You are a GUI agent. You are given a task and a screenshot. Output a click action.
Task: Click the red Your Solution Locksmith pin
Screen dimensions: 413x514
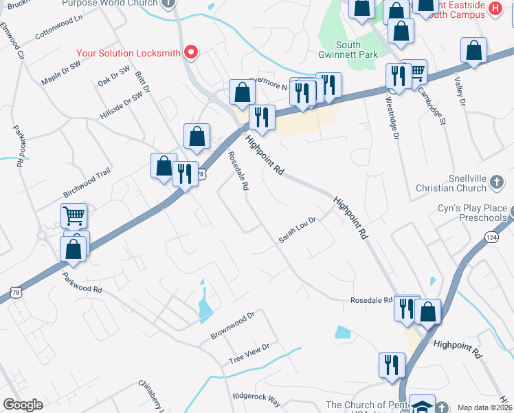pos(192,52)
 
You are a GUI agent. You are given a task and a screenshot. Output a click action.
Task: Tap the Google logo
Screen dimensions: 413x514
pos(23,405)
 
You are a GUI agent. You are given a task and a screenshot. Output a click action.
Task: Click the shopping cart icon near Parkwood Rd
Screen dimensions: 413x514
pos(74,215)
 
